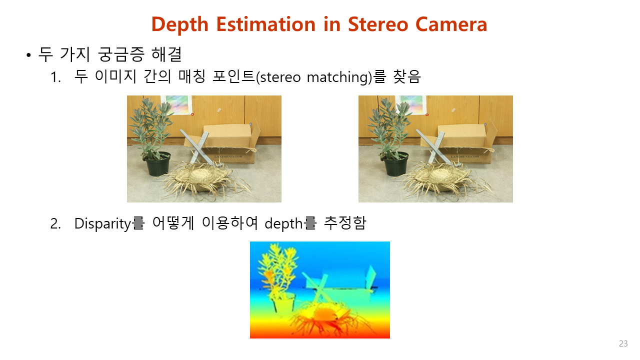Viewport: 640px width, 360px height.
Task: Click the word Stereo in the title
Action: pyautogui.click(x=378, y=24)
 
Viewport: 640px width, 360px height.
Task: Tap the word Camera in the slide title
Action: pyautogui.click(x=451, y=24)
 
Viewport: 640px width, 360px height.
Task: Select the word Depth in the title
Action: pyautogui.click(x=180, y=25)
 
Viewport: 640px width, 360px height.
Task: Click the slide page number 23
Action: pyautogui.click(x=623, y=343)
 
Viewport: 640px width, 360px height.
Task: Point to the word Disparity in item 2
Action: pyautogui.click(x=102, y=223)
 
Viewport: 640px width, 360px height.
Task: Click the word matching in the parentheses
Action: pyautogui.click(x=337, y=77)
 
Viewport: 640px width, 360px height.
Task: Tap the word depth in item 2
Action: pyautogui.click(x=283, y=223)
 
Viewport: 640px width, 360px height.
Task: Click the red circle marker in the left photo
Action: pyautogui.click(x=192, y=114)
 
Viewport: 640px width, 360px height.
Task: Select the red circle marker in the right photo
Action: pyautogui.click(x=427, y=115)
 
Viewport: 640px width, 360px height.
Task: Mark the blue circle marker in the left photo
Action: pyautogui.click(x=250, y=124)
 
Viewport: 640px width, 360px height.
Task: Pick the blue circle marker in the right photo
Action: pyautogui.click(x=485, y=124)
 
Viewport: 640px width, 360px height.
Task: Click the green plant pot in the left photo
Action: pyautogui.click(x=158, y=164)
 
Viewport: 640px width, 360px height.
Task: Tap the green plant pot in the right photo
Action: pyautogui.click(x=395, y=164)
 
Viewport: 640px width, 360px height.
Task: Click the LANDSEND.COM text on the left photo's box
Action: pyautogui.click(x=228, y=156)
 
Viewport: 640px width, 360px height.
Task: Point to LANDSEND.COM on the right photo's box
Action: pyautogui.click(x=465, y=156)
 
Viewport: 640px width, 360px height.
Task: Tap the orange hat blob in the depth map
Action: pyautogui.click(x=325, y=314)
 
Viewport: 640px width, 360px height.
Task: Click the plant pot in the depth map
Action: pyautogui.click(x=283, y=303)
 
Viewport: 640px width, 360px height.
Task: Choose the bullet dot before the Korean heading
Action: pyautogui.click(x=28, y=55)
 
